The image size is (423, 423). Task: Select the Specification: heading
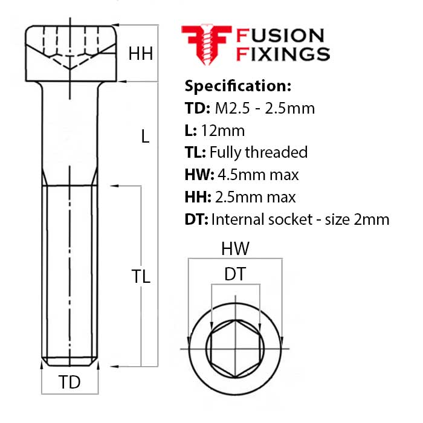point(237,85)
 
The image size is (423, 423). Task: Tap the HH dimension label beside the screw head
point(140,54)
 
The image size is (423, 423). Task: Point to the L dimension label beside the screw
point(145,137)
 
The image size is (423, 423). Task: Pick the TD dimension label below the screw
point(69,383)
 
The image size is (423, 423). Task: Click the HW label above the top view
point(235,248)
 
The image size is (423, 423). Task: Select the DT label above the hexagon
point(234,274)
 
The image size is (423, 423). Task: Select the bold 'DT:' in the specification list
point(196,219)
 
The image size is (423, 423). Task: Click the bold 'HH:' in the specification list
point(198,197)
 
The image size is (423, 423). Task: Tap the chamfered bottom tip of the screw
point(69,363)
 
